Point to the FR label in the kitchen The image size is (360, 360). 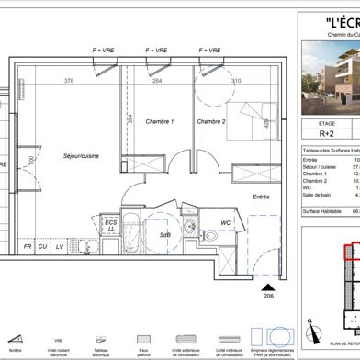pos(28,248)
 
